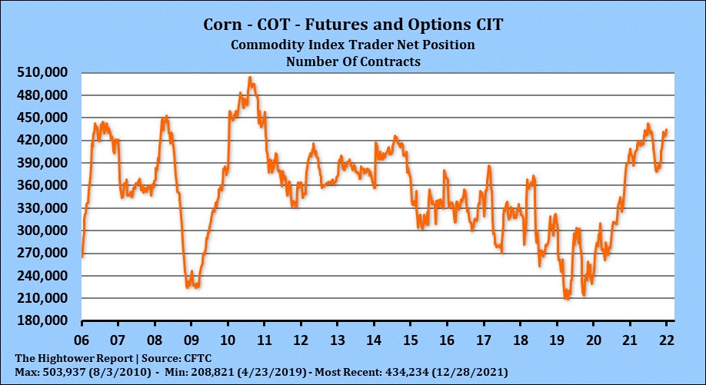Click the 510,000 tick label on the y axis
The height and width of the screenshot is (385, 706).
point(43,72)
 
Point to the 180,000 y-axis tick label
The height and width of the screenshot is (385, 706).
point(43,320)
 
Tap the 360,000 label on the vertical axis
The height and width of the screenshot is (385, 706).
point(43,185)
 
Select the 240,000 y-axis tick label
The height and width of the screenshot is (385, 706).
point(43,275)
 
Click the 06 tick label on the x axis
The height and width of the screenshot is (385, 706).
point(81,339)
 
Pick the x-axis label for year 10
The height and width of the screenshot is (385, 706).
point(228,339)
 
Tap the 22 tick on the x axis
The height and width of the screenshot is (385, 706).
point(667,339)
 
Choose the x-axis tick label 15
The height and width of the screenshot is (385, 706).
point(411,339)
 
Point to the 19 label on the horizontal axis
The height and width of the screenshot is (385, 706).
point(557,339)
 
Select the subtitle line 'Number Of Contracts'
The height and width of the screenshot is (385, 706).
point(353,61)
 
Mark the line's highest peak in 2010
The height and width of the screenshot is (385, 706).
point(250,77)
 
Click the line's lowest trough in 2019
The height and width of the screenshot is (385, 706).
point(567,299)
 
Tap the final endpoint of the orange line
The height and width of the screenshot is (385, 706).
point(666,129)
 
